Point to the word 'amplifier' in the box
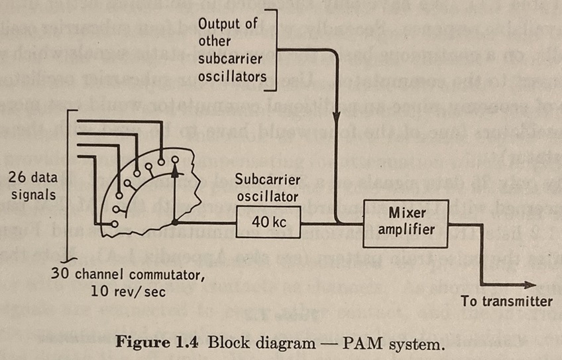(407, 229)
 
